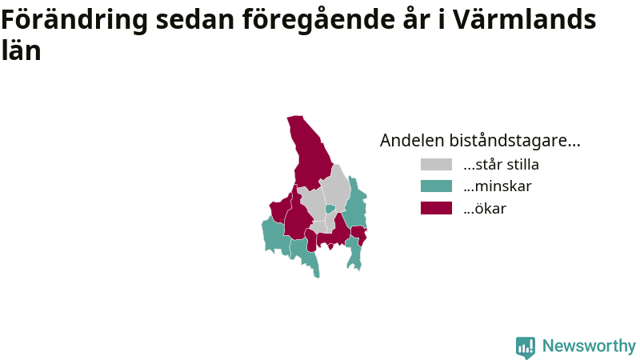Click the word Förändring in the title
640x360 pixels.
tap(74, 19)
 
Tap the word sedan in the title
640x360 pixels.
tap(195, 19)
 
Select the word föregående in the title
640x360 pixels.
tap(318, 19)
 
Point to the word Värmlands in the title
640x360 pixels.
tap(525, 19)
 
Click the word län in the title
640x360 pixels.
tap(22, 50)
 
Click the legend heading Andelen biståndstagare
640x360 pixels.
tap(480, 140)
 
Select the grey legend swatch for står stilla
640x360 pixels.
tap(436, 164)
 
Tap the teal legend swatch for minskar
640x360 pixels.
tap(436, 186)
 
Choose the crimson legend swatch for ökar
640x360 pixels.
tap(436, 208)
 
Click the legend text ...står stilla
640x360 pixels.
tap(502, 164)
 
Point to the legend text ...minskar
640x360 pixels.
tap(498, 186)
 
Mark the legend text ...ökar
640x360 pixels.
tap(485, 208)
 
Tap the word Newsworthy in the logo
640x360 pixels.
tap(589, 346)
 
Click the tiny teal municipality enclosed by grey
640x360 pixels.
tap(330, 209)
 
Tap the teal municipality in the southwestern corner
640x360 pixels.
tap(274, 236)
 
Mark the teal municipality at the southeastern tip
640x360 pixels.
tap(354, 253)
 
